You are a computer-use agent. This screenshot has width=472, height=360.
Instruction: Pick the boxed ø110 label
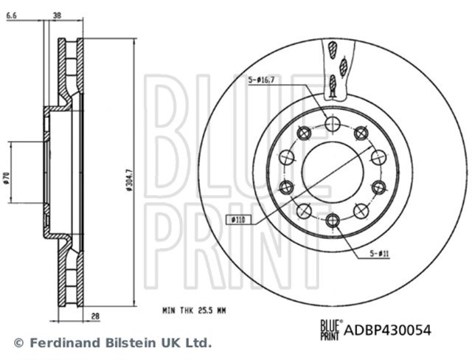tap(237, 218)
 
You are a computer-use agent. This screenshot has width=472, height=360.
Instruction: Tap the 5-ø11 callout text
tap(380, 253)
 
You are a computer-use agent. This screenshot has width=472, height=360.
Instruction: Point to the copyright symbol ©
tap(18, 343)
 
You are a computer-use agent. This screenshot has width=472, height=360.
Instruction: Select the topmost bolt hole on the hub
tap(332, 122)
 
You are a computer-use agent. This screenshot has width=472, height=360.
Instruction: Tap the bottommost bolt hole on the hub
tap(332, 221)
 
